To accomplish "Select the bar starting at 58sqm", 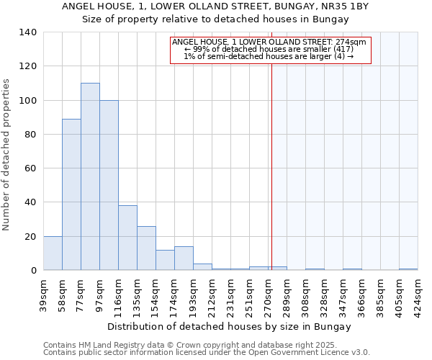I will click(x=71, y=194).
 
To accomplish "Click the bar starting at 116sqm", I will click(x=127, y=238).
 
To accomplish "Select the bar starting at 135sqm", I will click(x=146, y=248).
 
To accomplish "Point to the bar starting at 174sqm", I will click(x=184, y=258).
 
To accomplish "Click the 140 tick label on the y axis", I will click(x=27, y=32).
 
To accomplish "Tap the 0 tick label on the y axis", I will click(x=33, y=271).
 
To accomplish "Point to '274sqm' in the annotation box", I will click(x=352, y=42).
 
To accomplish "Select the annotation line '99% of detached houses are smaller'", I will click(x=269, y=50).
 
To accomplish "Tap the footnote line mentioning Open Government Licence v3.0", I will click(x=207, y=353).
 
